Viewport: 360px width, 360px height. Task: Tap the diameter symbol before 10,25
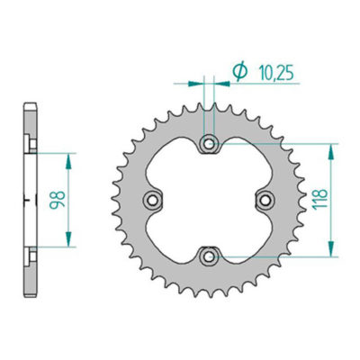coord(239,72)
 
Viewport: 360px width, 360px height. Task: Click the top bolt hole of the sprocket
coord(210,144)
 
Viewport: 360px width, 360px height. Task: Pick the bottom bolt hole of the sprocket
coord(210,256)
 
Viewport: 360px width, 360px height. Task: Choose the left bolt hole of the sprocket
coord(153,199)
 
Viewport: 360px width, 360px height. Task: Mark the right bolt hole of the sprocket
coord(265,199)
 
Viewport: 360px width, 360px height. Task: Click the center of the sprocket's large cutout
coord(210,200)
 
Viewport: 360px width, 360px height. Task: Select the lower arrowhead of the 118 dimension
coord(335,251)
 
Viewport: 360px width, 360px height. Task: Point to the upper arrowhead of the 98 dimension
coord(69,157)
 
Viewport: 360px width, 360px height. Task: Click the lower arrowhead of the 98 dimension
coord(69,240)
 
